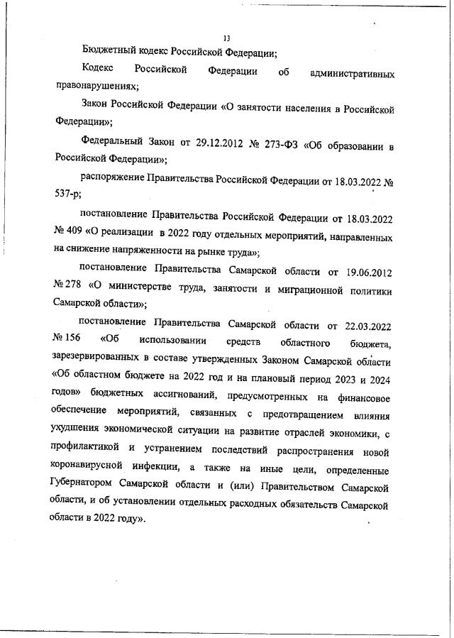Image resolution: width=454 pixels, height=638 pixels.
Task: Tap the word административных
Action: [x=353, y=73]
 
